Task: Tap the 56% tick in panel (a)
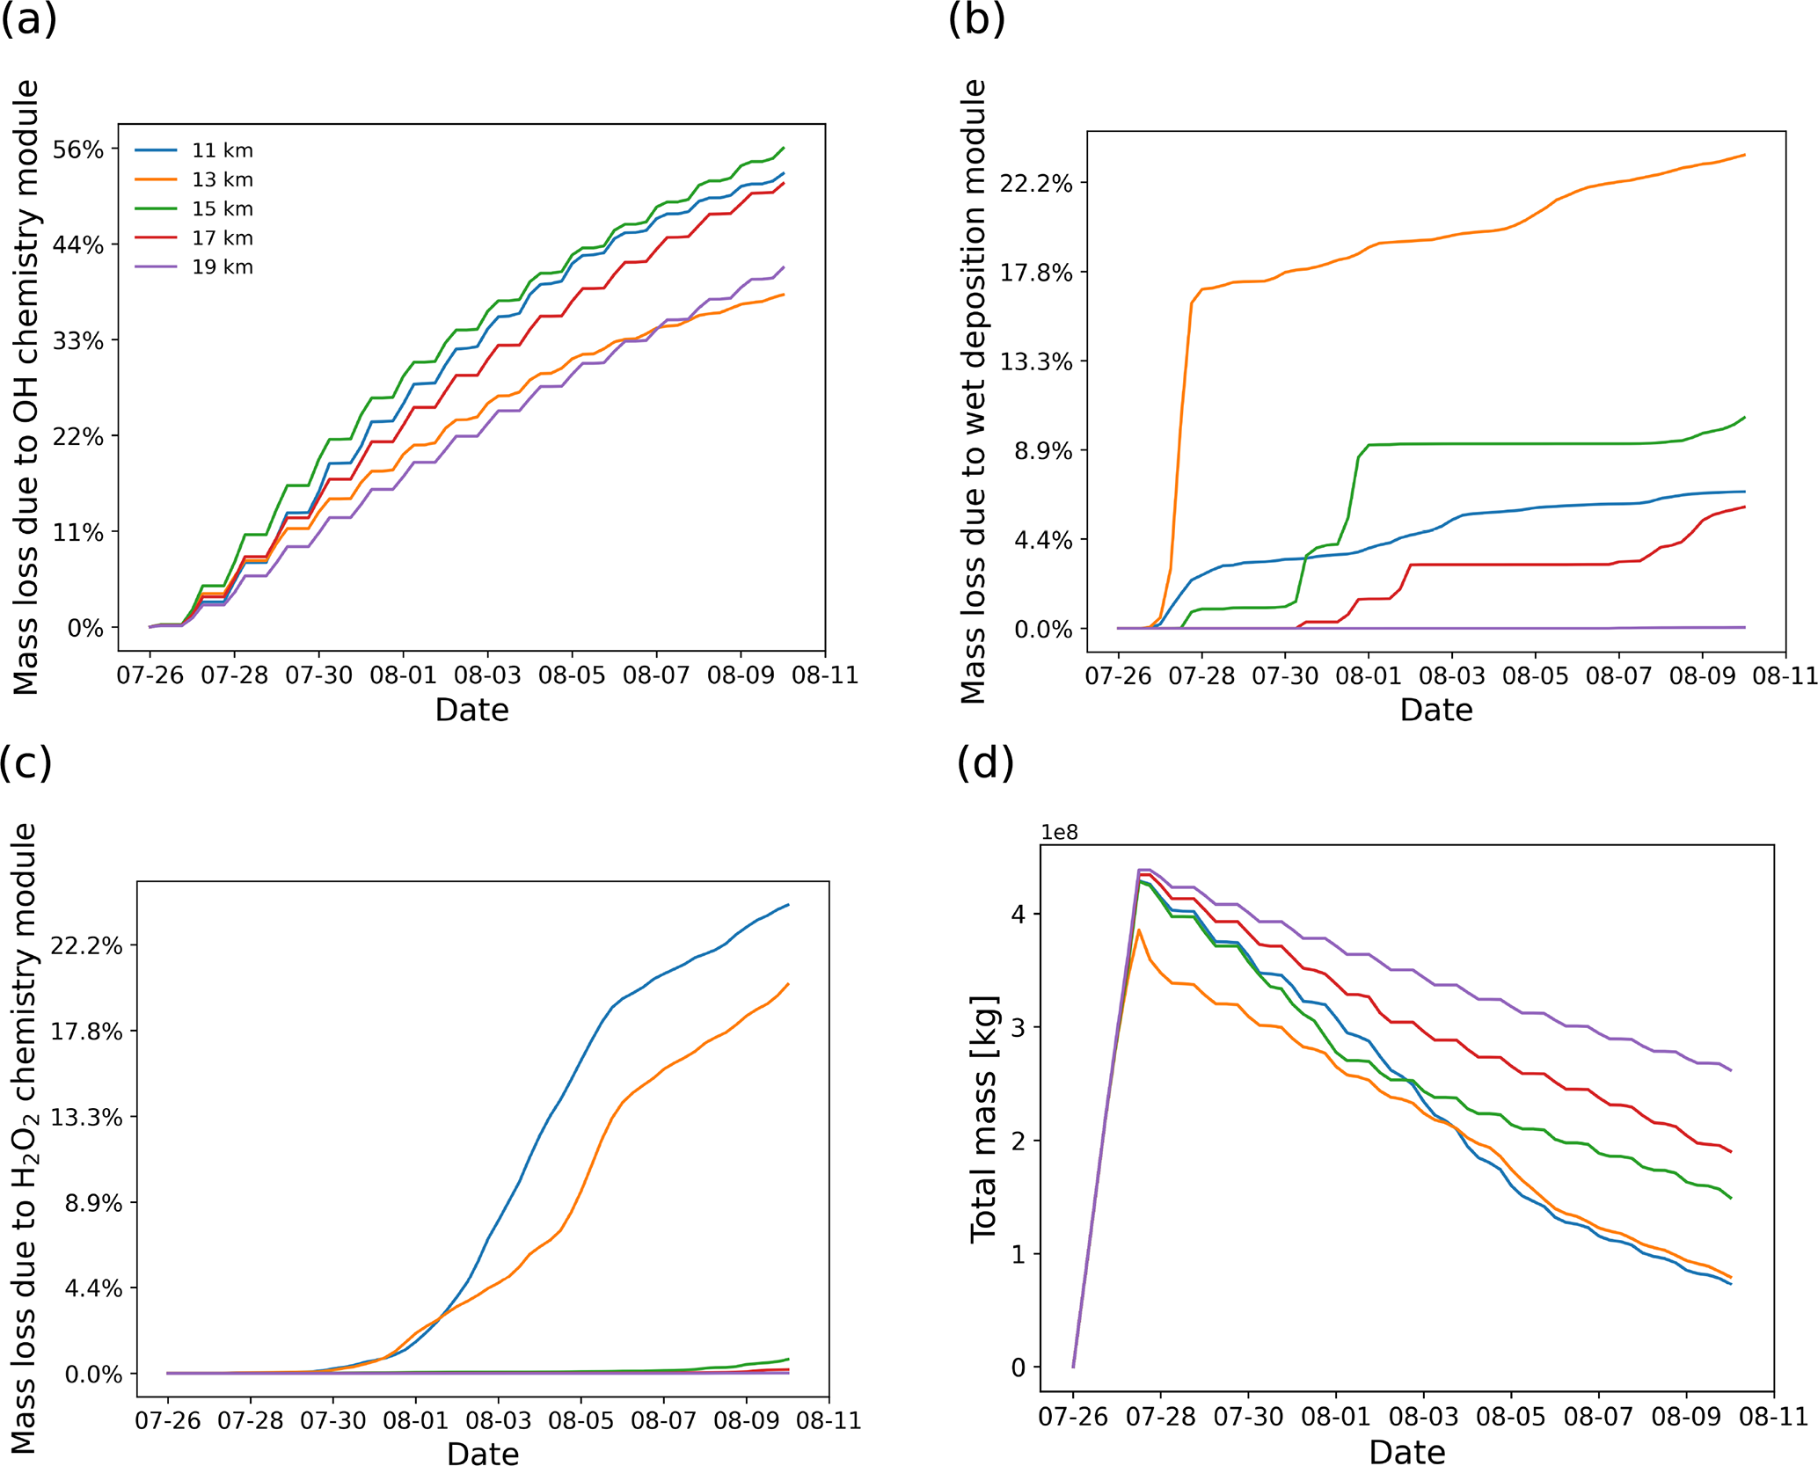[77, 150]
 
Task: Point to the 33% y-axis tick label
[77, 341]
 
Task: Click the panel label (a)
[28, 19]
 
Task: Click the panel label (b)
[975, 19]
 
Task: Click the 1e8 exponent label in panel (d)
[1059, 833]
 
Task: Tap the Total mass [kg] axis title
[984, 1120]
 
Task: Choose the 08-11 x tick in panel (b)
[1785, 676]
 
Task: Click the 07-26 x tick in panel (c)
[167, 1421]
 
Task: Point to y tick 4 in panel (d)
[1019, 915]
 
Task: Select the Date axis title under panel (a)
[471, 711]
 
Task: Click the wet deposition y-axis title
[972, 391]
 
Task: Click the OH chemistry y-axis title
[26, 387]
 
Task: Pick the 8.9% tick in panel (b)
[1043, 451]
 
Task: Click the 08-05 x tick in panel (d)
[1510, 1417]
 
